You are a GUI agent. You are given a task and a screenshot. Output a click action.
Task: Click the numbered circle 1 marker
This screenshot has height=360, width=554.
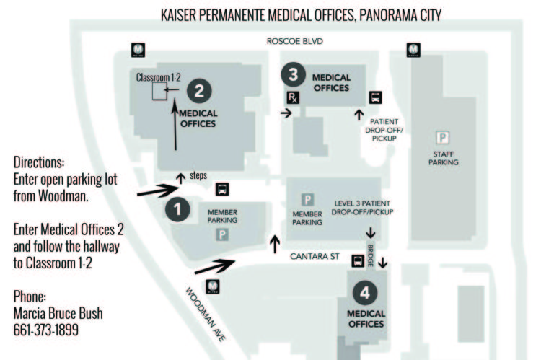coord(177,209)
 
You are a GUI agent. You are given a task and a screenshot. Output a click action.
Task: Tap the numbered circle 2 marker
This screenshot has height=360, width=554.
coord(199,91)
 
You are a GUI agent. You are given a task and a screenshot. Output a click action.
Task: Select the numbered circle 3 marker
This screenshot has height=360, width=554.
coord(294,74)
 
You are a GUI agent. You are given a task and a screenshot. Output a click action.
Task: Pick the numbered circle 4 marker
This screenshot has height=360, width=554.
coord(365,292)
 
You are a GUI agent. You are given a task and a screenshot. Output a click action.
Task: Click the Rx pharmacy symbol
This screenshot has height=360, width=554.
coord(293,97)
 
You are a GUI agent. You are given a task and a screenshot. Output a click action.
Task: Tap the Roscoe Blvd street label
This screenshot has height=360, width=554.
coord(294,41)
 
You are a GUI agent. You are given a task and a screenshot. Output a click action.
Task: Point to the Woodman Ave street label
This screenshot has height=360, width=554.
coord(206,315)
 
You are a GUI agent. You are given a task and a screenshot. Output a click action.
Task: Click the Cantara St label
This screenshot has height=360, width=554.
coord(315,256)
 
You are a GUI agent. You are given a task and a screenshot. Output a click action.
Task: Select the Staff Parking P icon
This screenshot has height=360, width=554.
coord(442,137)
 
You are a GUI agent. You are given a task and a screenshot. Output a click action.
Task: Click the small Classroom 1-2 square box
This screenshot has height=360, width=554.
coord(159,91)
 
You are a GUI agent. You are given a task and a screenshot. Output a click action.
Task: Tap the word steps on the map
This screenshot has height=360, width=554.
coord(198,175)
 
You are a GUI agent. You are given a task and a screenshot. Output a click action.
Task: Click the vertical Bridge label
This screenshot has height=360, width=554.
coord(370,255)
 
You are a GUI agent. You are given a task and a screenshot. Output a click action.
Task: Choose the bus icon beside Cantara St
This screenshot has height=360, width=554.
coord(358,260)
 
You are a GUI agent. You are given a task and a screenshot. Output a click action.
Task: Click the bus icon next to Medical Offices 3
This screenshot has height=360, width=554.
coord(376,97)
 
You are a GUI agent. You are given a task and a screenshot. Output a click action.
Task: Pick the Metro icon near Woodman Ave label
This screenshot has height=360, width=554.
coord(212,286)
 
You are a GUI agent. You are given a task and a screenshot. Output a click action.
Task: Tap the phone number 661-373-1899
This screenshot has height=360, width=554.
coord(46,330)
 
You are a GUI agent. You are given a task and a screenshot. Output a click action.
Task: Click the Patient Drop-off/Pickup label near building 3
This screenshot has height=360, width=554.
coord(384,130)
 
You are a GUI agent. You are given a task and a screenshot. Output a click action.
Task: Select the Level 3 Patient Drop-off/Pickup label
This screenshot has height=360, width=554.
coord(362,208)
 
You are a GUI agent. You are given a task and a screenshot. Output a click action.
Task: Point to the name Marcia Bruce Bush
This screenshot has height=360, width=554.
coord(58,313)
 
